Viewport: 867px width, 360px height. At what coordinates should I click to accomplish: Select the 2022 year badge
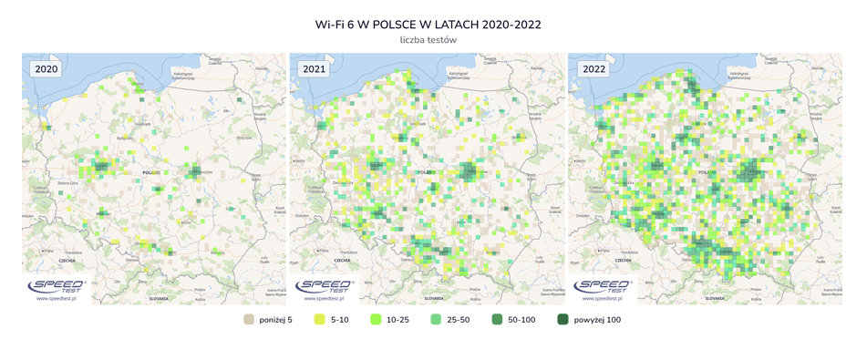pyautogui.click(x=592, y=69)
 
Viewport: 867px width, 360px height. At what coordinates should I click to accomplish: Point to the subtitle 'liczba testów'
pyautogui.click(x=432, y=40)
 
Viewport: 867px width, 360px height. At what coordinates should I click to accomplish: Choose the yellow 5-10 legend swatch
pyautogui.click(x=320, y=320)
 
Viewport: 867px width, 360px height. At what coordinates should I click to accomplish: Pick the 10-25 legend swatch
pyautogui.click(x=376, y=320)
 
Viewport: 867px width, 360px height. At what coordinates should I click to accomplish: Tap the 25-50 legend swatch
pyautogui.click(x=437, y=320)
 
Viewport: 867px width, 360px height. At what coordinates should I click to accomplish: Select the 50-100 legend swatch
pyautogui.click(x=498, y=320)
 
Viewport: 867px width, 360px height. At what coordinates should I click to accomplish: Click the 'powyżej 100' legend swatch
pyautogui.click(x=563, y=320)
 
